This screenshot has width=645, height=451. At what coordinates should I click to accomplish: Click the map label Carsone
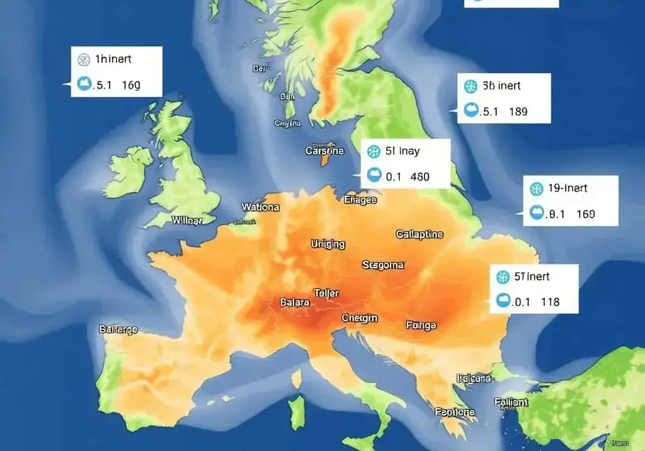pos(324,151)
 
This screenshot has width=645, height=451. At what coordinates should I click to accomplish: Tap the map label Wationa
pos(260,207)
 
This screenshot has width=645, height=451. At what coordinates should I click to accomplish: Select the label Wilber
pos(187,221)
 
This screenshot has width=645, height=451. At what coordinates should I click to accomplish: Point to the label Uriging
pos(328,244)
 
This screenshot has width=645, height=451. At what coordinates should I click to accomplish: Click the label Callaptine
pos(420,234)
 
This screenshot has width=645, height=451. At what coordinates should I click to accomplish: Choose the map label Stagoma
pos(383,265)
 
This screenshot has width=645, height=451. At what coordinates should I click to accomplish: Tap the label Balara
pos(294,302)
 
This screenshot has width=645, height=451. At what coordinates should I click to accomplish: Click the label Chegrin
pos(360,318)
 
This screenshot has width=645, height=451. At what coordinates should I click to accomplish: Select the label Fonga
pos(421,325)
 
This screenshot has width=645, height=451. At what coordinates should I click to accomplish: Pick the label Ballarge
pos(118,329)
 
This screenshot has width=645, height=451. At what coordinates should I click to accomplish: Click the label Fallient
pos(511,401)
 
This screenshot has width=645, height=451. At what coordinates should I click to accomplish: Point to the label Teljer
pos(326,294)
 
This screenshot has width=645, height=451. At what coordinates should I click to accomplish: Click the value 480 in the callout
pos(420,177)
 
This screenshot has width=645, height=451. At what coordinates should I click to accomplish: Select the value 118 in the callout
pos(550,302)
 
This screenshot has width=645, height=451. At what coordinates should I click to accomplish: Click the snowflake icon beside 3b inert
pos(469,86)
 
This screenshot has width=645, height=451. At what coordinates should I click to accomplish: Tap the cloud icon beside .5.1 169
pos(84,84)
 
